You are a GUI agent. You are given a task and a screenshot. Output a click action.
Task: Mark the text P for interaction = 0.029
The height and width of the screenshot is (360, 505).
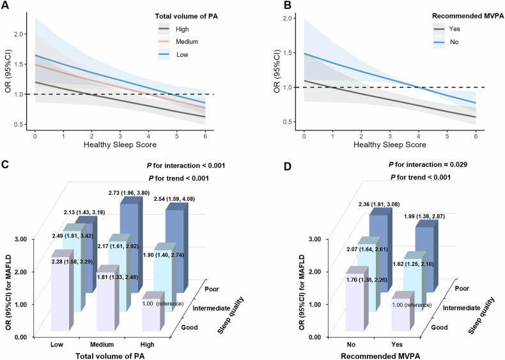(x=419, y=165)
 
